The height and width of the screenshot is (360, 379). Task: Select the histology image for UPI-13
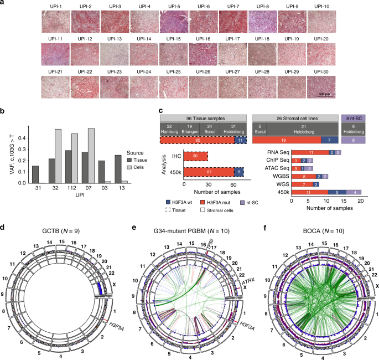114,54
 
